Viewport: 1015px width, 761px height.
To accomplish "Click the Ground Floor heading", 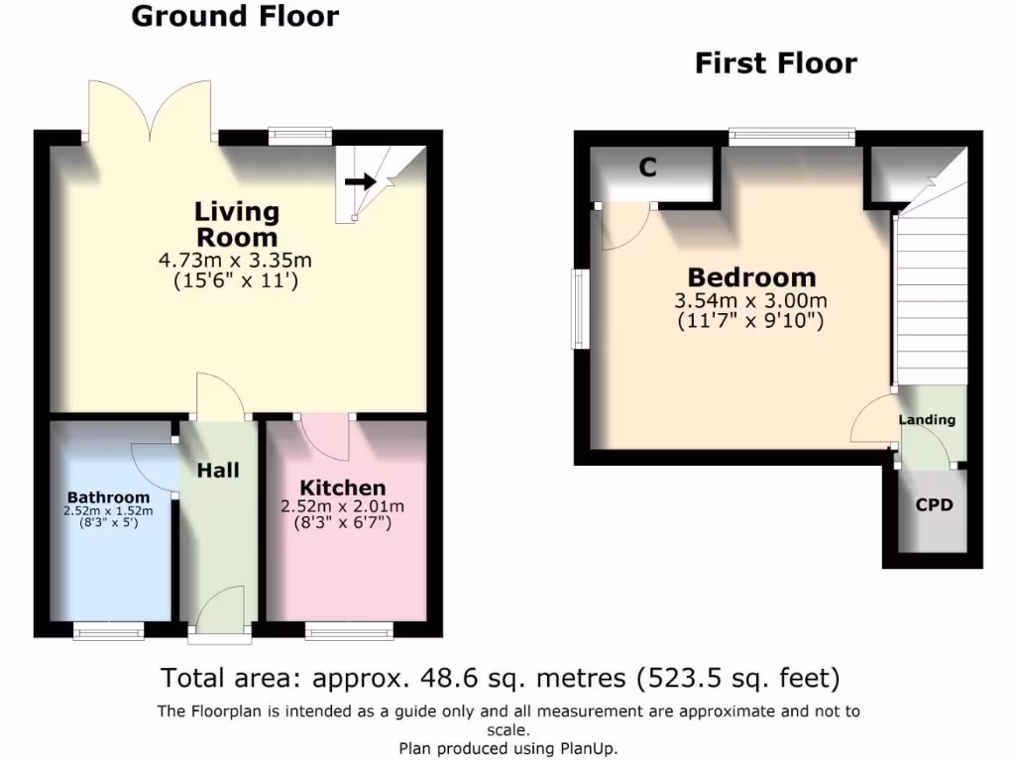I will [235, 17].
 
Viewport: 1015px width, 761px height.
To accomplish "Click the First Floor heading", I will [775, 64].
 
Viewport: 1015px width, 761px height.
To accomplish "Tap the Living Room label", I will [237, 224].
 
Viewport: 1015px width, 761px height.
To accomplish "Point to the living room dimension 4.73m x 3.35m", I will [236, 261].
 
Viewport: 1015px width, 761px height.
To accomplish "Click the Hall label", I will [218, 470].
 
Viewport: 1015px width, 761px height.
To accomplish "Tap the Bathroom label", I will [109, 496].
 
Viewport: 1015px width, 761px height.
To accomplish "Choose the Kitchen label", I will [343, 488].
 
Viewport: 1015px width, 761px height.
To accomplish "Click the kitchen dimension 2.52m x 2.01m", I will [343, 506].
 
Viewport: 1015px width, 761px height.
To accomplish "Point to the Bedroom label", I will [752, 277].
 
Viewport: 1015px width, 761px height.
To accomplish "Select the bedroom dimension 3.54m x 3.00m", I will [752, 301].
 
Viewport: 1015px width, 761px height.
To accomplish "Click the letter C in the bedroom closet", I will [647, 167].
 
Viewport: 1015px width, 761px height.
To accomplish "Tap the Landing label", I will [927, 419].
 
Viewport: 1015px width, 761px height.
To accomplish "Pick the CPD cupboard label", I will [934, 504].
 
